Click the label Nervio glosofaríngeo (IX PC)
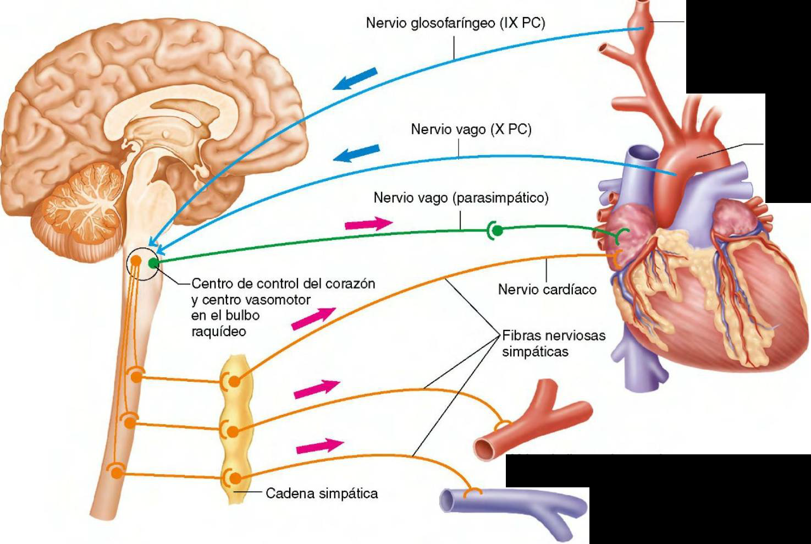pyautogui.click(x=455, y=23)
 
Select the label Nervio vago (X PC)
pyautogui.click(x=471, y=130)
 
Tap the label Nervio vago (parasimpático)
pyautogui.click(x=461, y=197)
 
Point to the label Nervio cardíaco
pyautogui.click(x=547, y=289)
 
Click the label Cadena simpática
pyautogui.click(x=322, y=493)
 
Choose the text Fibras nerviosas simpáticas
pyautogui.click(x=553, y=343)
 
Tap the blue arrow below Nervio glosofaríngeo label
pyautogui.click(x=357, y=78)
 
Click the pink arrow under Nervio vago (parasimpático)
pyautogui.click(x=368, y=223)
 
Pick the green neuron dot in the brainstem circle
pyautogui.click(x=153, y=263)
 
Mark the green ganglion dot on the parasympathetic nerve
pyautogui.click(x=497, y=231)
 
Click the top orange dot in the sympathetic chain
pyautogui.click(x=234, y=381)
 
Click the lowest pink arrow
pyautogui.click(x=319, y=447)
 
